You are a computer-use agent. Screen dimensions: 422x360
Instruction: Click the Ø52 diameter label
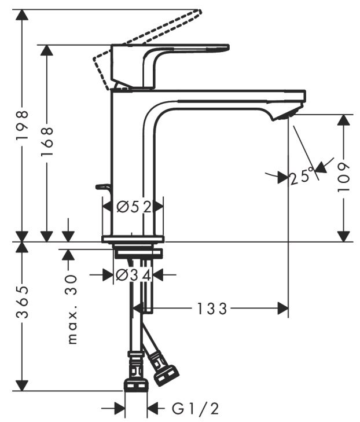[x=133, y=206]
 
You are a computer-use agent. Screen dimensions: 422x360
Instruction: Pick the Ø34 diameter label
[x=133, y=275]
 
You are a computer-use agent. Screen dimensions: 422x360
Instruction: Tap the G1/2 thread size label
[x=196, y=409]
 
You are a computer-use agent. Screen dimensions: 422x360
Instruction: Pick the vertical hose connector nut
[x=137, y=384]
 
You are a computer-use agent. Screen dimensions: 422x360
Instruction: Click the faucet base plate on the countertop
[x=133, y=239]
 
